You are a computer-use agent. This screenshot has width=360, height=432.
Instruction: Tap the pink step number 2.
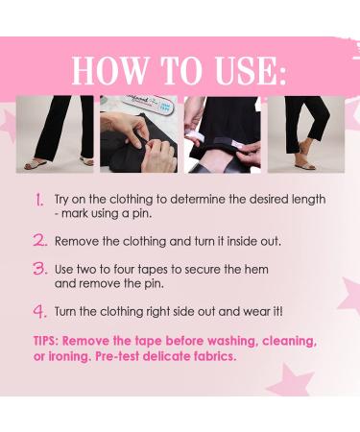(39, 240)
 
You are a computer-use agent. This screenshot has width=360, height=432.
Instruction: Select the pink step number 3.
(39, 271)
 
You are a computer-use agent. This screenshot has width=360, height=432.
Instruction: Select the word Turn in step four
(67, 311)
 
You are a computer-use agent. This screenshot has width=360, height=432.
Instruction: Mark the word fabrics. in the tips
(211, 356)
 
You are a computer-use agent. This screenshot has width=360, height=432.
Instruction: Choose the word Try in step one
(64, 200)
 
